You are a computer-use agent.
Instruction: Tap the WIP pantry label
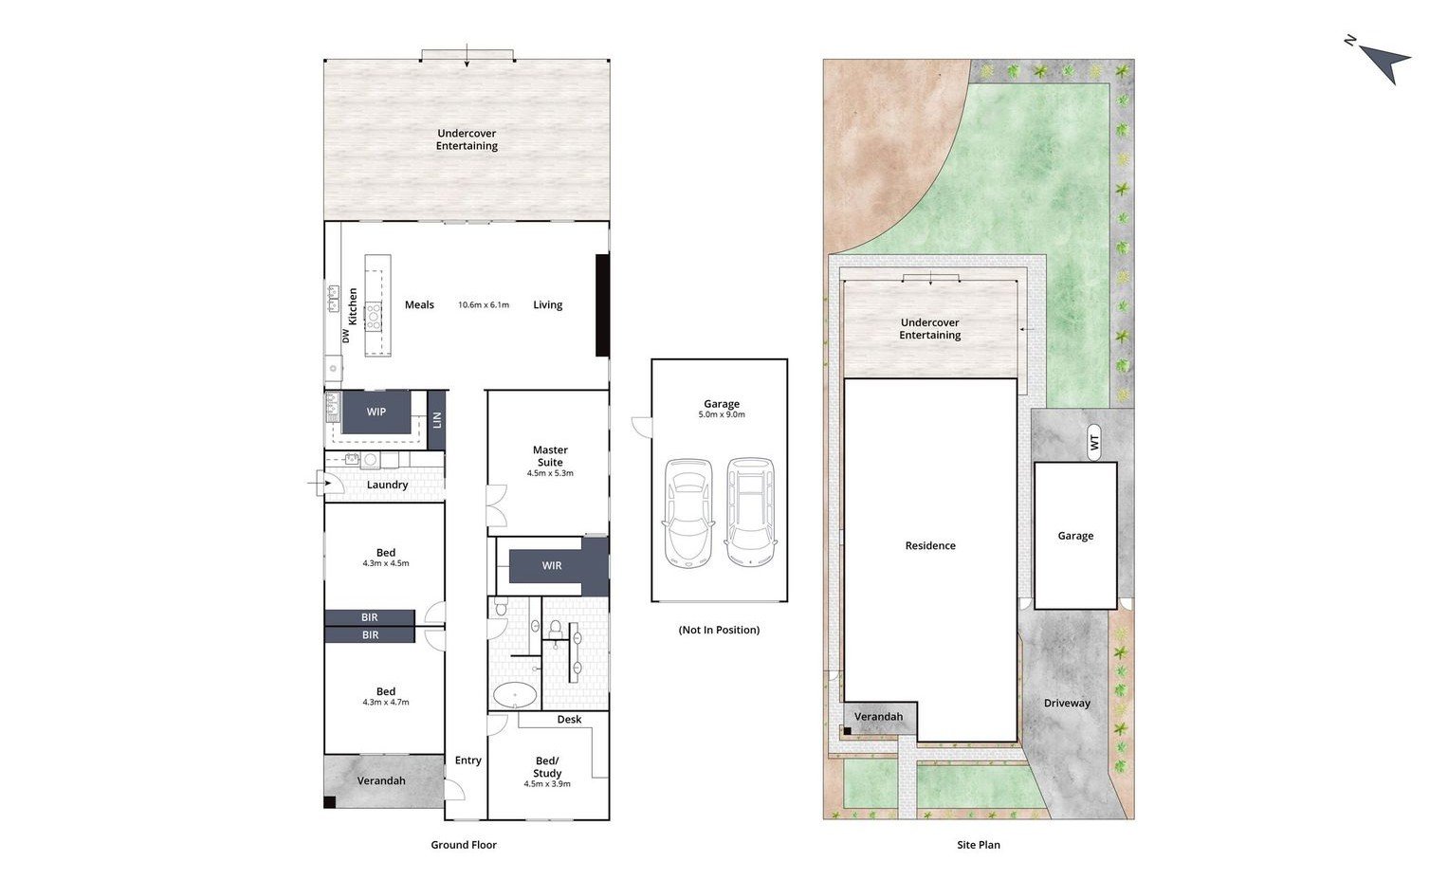[x=376, y=412]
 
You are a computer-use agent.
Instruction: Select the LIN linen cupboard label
[x=436, y=420]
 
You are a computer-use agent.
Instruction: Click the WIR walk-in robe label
[x=551, y=566]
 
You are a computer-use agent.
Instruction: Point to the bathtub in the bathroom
[x=515, y=696]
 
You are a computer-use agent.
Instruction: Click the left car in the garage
[x=687, y=513]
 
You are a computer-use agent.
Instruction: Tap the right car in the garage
[x=750, y=513]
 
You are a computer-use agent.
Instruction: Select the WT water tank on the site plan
[x=1093, y=442]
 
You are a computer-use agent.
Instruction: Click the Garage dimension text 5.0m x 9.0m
[x=722, y=414]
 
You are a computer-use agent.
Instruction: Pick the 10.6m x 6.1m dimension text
[x=484, y=304]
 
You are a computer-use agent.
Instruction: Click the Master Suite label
[x=550, y=456]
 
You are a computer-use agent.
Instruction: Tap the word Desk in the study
[x=569, y=719]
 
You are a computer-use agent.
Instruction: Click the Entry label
[x=468, y=761]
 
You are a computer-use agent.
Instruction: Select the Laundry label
[x=387, y=485]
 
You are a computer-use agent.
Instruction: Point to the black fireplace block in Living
[x=602, y=305]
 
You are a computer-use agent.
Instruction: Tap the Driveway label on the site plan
[x=1067, y=704]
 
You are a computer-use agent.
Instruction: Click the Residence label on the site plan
[x=930, y=545]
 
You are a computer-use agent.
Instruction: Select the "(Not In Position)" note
[x=719, y=630]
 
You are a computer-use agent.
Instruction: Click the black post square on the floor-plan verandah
[x=330, y=802]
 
